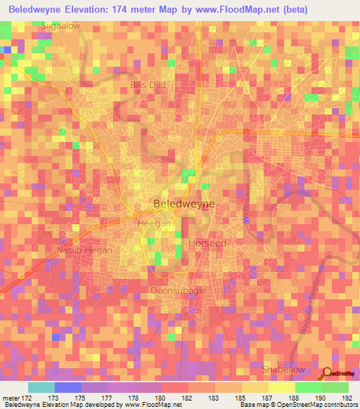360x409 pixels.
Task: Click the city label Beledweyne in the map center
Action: (184, 204)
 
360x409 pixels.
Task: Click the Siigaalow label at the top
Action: (60, 25)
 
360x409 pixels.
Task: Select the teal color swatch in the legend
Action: (41, 387)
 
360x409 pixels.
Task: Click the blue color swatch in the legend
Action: (67, 387)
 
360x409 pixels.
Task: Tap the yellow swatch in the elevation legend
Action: (281, 387)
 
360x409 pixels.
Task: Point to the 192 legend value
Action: (346, 398)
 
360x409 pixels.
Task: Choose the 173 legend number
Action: (53, 398)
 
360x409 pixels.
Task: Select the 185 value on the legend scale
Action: (240, 398)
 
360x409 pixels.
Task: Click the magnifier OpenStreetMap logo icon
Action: (326, 373)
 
